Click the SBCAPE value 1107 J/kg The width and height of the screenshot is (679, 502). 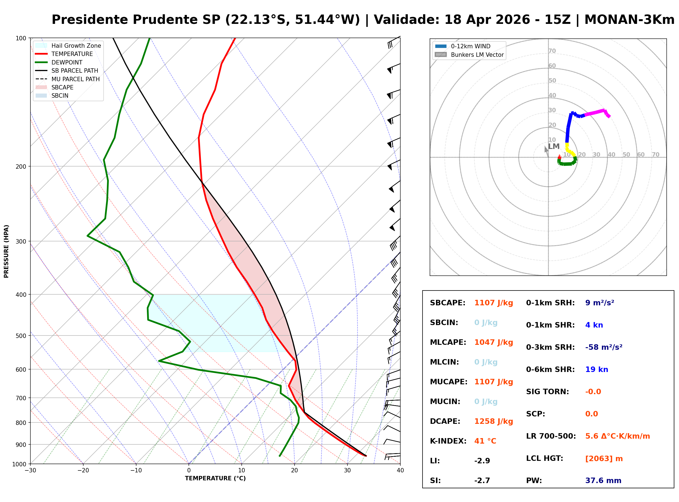click(493, 303)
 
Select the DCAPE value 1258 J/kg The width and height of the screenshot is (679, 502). click(493, 421)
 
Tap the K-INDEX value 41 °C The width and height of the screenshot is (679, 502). click(485, 441)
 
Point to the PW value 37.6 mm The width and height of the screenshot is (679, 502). click(603, 481)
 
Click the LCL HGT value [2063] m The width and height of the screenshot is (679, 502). click(604, 459)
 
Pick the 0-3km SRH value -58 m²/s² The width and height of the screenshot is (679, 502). click(603, 347)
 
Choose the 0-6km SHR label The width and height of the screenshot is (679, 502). click(550, 370)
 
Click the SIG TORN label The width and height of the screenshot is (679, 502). click(547, 392)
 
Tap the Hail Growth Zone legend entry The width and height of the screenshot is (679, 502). click(76, 46)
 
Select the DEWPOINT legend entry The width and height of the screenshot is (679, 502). click(67, 62)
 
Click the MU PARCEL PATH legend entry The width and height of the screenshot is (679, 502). click(75, 79)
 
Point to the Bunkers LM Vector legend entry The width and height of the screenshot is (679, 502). click(477, 55)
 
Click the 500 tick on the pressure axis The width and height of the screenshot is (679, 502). click(21, 336)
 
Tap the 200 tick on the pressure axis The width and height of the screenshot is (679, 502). click(21, 167)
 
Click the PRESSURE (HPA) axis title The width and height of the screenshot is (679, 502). click(6, 251)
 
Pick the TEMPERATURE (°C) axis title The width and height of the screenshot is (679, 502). click(215, 478)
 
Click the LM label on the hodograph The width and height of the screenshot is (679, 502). click(554, 146)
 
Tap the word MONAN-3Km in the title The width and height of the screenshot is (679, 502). click(629, 20)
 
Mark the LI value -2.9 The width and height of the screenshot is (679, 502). click(482, 461)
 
